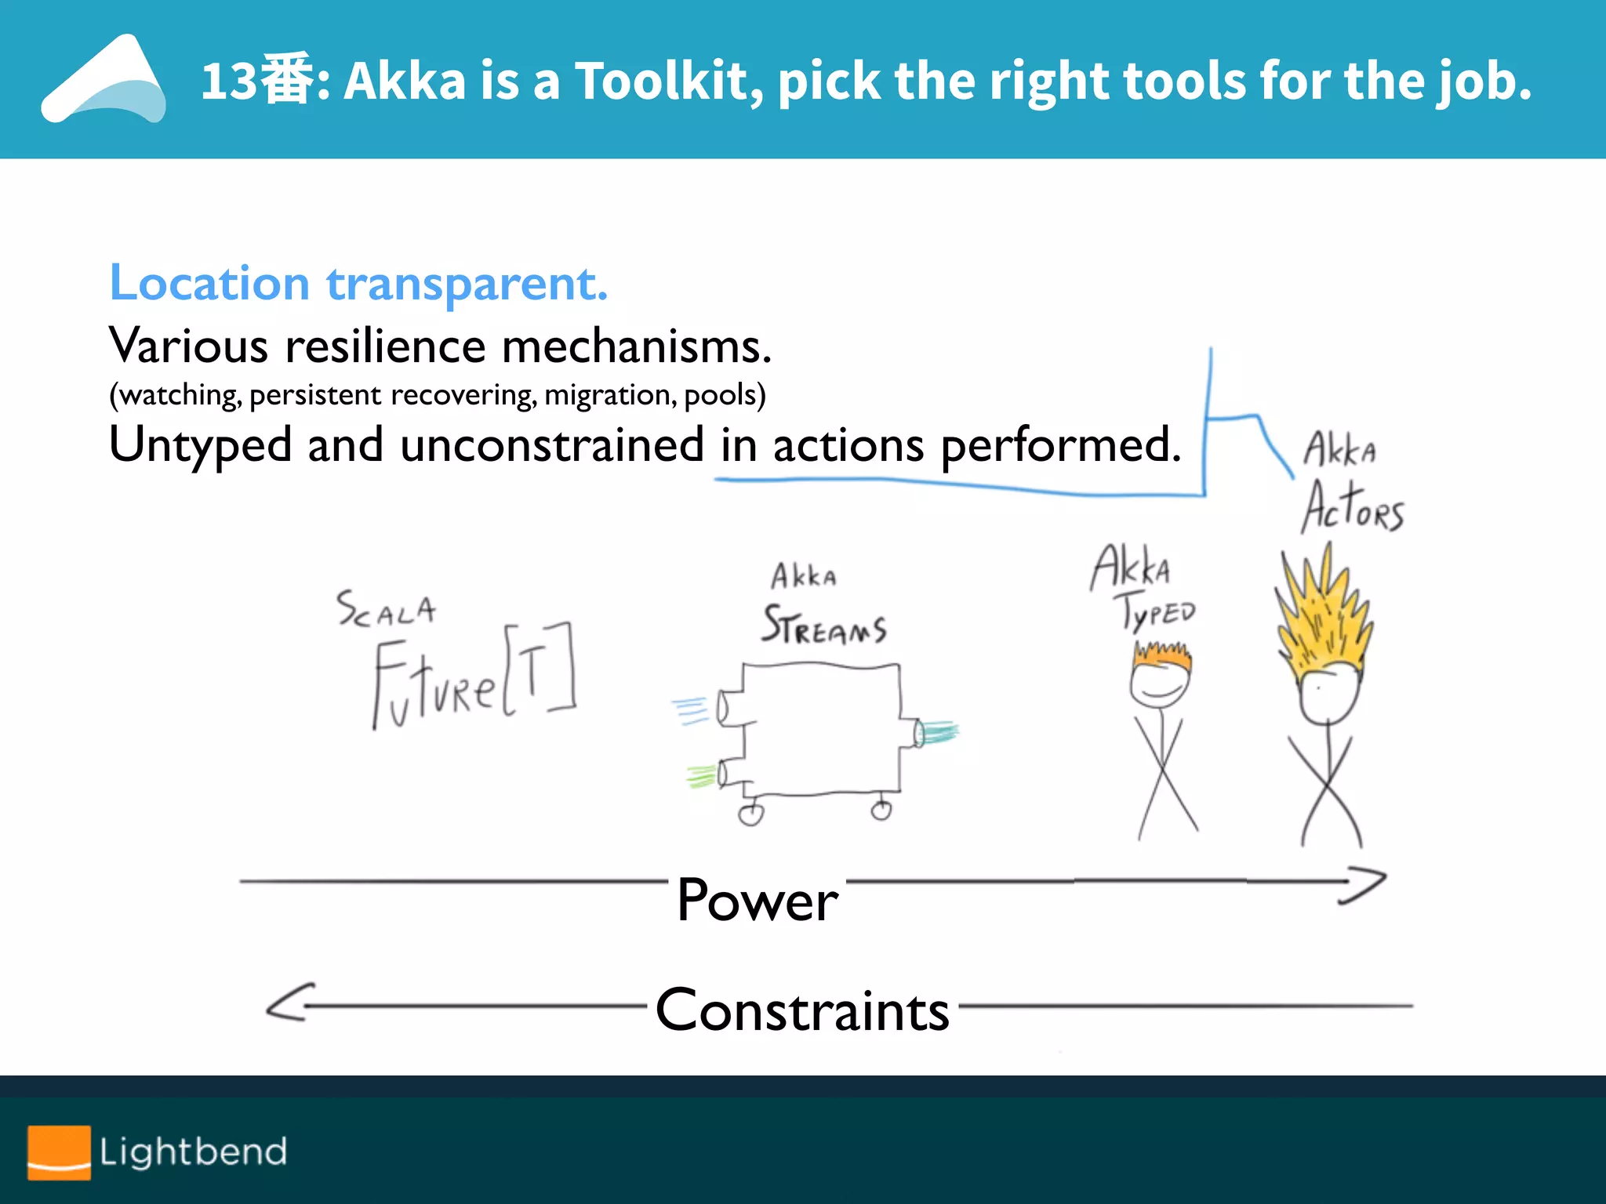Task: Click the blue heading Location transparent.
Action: pos(358,283)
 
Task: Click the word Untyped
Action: pos(200,445)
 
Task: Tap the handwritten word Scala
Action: pos(386,609)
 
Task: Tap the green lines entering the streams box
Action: pos(700,776)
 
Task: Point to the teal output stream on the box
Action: pos(938,732)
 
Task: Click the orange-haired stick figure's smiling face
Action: pos(1160,684)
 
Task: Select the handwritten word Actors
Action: pos(1353,508)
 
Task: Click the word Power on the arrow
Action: pos(758,900)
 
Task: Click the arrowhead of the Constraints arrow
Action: pos(289,1003)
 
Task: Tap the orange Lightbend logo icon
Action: pos(59,1152)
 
